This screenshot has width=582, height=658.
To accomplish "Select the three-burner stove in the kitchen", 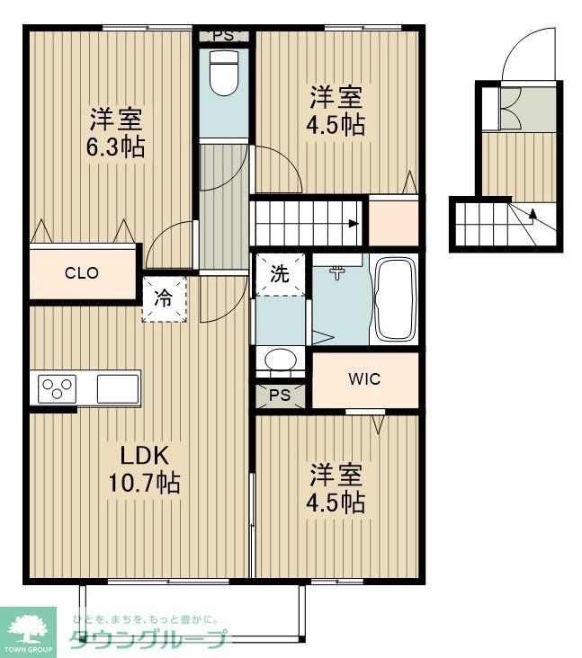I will click(x=56, y=389).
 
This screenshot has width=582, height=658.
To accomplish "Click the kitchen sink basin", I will click(x=117, y=389).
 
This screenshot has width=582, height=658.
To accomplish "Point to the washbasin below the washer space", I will click(x=280, y=360).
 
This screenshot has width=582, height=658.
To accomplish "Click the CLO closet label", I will click(x=81, y=273).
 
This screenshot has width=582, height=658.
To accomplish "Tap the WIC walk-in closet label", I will click(x=364, y=378).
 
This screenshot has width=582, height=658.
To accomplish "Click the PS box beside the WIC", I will click(x=280, y=395).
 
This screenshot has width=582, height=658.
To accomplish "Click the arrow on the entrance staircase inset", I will click(x=534, y=214).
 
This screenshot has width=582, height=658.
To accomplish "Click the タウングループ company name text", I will click(x=148, y=639).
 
